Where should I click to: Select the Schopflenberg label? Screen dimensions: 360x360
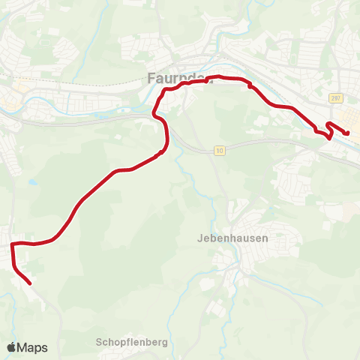coord(131,342)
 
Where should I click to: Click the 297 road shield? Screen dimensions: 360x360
coord(334,97)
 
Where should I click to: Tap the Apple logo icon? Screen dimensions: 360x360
coord(12,347)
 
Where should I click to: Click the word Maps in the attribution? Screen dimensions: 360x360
coord(33,347)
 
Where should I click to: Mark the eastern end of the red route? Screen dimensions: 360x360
coord(347,134)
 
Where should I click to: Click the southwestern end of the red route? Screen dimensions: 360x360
coord(29,283)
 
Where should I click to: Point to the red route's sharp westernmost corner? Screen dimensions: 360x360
coord(11,244)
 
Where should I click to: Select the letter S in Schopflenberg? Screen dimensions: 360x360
coord(99,342)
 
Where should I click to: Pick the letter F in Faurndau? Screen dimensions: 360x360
coord(149,77)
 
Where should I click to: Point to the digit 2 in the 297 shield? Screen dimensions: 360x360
coord(331,97)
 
